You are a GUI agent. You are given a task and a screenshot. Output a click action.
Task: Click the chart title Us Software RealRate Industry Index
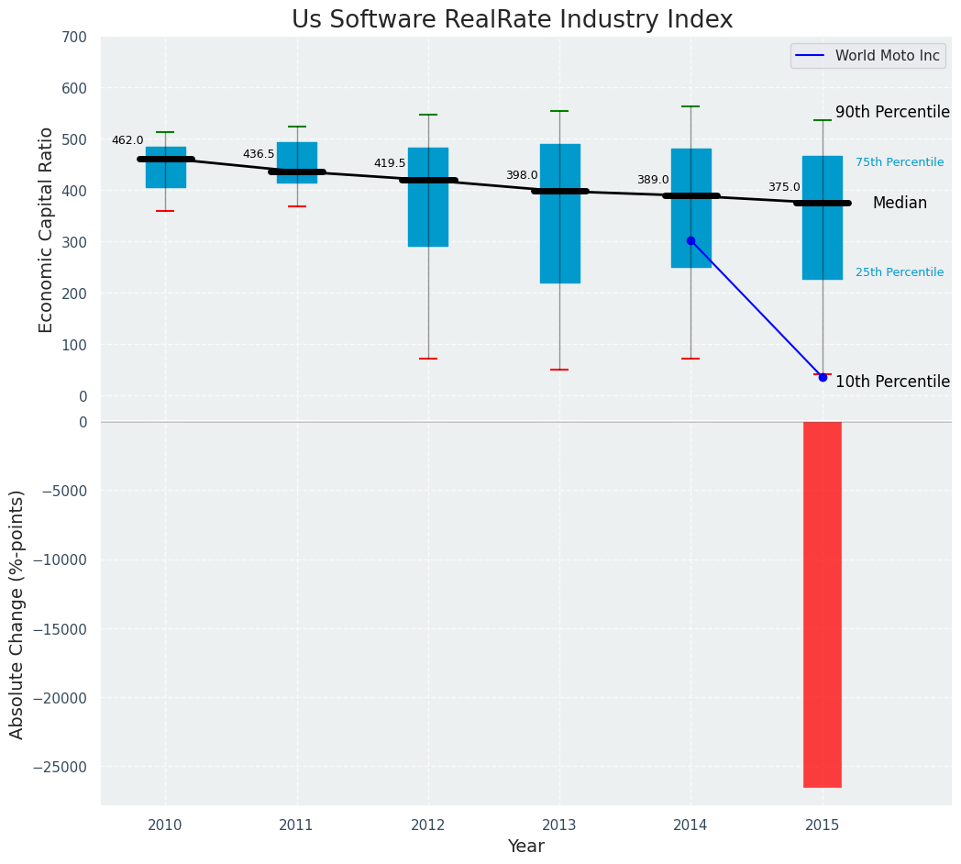512,20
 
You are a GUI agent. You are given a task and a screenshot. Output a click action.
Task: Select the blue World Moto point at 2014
690,240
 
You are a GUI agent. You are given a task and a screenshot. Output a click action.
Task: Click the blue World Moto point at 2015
823,377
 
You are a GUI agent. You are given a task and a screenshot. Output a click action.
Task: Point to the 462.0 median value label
127,140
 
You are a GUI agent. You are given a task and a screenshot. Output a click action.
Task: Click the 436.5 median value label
259,154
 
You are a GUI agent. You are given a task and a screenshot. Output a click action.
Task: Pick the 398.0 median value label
522,175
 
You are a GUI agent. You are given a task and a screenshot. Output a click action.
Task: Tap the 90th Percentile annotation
892,112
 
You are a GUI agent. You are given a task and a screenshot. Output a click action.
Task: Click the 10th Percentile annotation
892,382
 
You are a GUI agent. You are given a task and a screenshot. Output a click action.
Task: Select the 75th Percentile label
900,162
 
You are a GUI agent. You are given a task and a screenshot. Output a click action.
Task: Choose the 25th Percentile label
900,272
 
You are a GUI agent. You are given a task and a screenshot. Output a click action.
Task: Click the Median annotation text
900,203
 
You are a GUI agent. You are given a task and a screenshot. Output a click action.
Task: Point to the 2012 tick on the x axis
428,825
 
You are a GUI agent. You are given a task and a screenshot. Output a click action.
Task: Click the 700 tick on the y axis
76,38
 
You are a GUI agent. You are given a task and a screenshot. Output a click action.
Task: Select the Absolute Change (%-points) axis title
17,614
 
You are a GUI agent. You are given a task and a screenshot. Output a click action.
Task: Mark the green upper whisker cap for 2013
559,111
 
